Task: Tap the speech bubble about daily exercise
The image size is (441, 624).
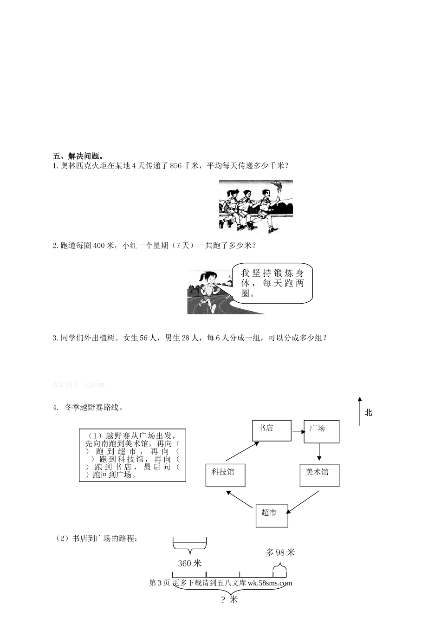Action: pyautogui.click(x=272, y=283)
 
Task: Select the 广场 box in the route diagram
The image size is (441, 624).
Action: pyautogui.click(x=321, y=431)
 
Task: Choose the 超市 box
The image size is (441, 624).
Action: pyautogui.click(x=272, y=515)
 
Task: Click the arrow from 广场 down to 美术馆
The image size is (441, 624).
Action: pyautogui.click(x=320, y=453)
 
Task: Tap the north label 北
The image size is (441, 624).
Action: pyautogui.click(x=369, y=412)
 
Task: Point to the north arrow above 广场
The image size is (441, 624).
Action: pyautogui.click(x=360, y=411)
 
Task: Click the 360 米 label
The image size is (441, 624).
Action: pyautogui.click(x=190, y=563)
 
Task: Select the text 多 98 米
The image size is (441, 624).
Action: pyautogui.click(x=280, y=552)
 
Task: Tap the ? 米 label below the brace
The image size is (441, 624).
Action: pyautogui.click(x=229, y=600)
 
